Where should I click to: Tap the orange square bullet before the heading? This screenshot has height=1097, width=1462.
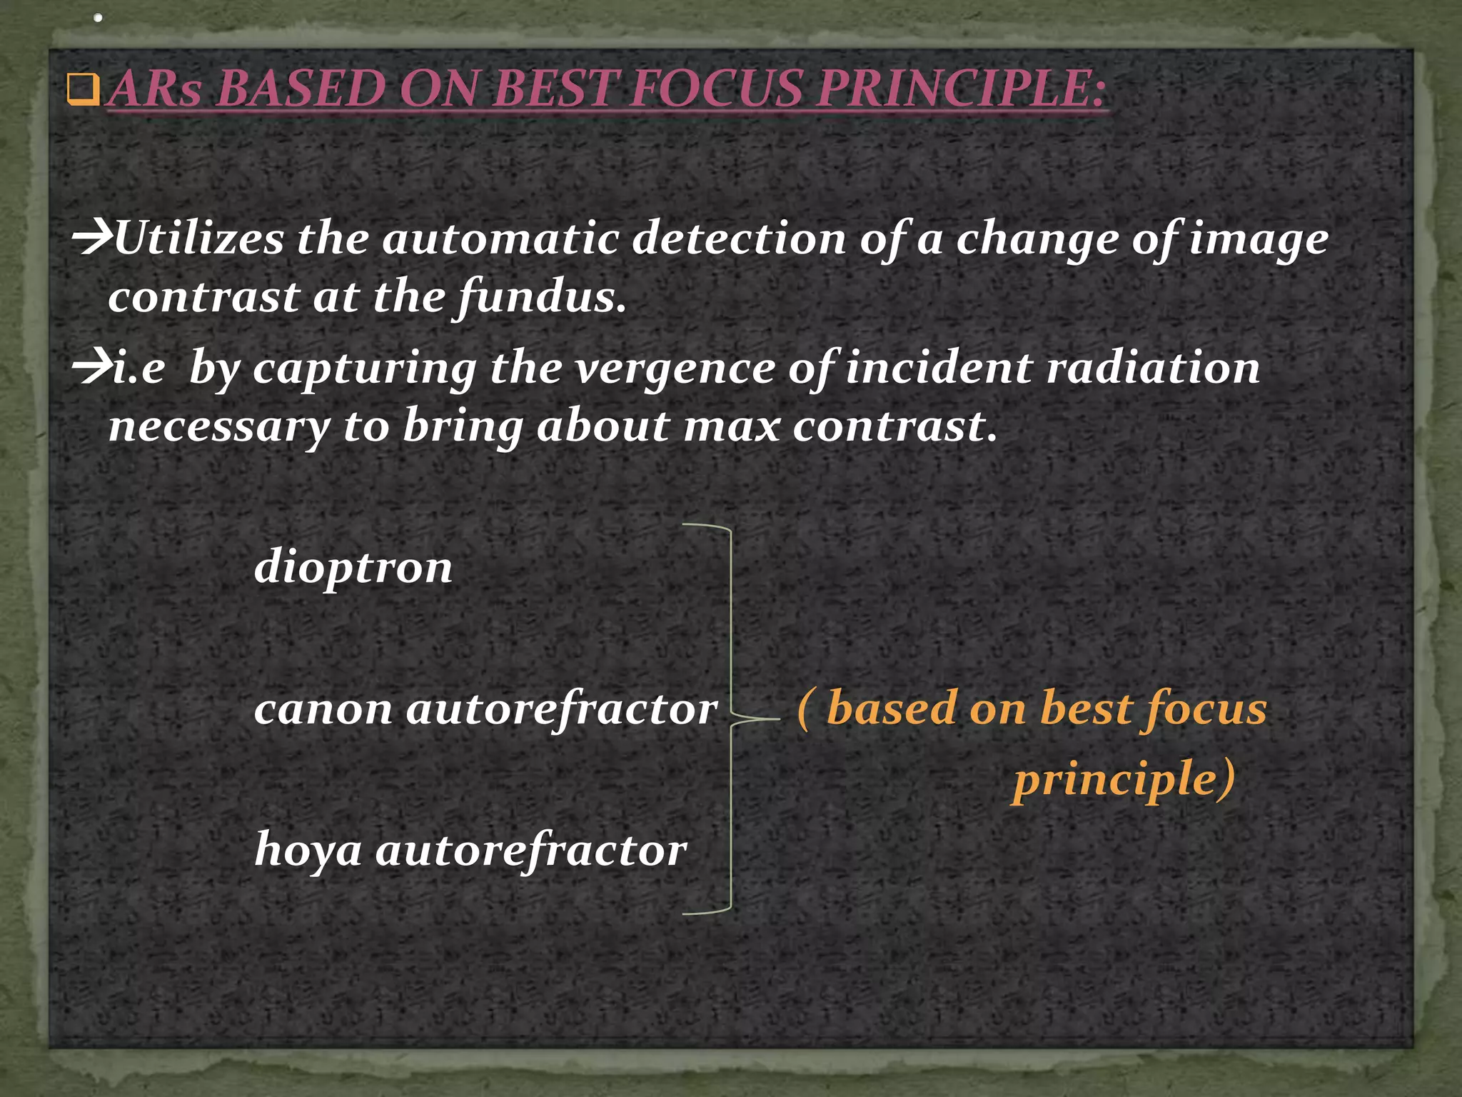[82, 90]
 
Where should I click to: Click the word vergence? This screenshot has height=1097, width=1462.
[675, 369]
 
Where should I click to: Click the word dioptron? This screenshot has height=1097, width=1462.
[353, 568]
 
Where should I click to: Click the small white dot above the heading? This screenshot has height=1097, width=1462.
[98, 18]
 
